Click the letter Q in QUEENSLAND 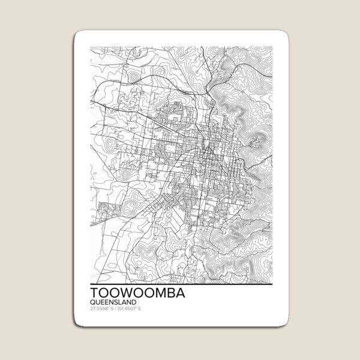pyautogui.click(x=91, y=302)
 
